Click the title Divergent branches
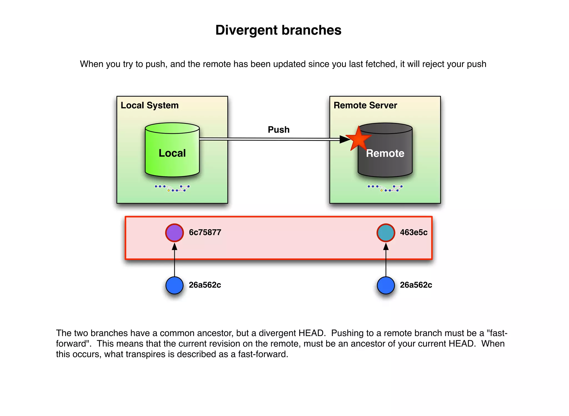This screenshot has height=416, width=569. [278, 30]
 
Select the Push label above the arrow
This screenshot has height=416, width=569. [278, 130]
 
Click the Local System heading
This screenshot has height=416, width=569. [149, 106]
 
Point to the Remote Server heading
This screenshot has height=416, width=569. [365, 106]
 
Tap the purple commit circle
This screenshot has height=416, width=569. [174, 232]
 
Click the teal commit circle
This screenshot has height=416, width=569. [386, 232]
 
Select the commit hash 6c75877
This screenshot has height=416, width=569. [205, 232]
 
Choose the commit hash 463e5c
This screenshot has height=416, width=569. [413, 232]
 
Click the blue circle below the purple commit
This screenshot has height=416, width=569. [174, 285]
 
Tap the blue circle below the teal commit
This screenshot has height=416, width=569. [386, 285]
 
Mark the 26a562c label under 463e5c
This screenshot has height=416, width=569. [416, 285]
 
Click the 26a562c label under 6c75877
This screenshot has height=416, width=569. [205, 285]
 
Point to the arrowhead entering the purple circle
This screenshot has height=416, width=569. [174, 246]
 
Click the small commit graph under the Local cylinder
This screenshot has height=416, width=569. [172, 188]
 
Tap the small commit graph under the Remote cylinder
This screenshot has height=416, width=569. [385, 188]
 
